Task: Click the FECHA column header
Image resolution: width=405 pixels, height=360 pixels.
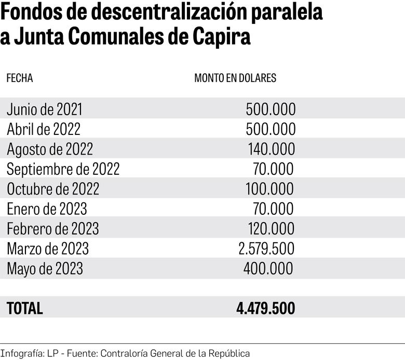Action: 20,78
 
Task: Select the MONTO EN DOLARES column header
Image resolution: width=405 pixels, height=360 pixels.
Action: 235,78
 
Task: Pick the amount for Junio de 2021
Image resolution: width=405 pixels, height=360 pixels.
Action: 270,109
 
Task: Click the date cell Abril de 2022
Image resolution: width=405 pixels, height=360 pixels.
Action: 44,129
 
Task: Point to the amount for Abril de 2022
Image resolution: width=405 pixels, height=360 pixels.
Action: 270,129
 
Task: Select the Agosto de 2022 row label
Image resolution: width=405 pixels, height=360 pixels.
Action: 50,149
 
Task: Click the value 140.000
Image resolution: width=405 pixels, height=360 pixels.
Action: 271,149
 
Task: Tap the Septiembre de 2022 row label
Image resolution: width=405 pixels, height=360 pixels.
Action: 63,169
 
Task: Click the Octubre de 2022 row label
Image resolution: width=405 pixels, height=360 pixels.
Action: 53,189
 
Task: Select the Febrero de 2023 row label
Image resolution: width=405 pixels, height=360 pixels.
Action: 52,229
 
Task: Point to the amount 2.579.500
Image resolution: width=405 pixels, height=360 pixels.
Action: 266,248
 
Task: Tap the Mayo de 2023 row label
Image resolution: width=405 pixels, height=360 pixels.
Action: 45,269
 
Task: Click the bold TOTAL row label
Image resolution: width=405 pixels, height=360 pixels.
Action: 25,309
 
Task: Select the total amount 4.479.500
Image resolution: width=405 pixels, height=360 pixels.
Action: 265,309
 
